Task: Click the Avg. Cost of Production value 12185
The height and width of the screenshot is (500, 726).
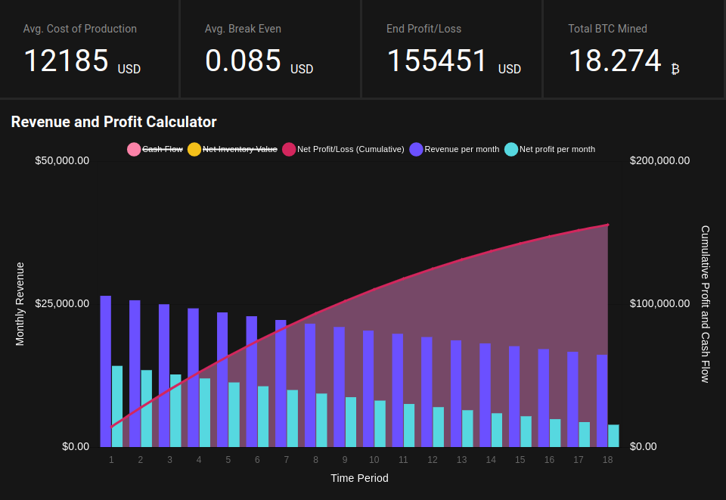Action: (x=66, y=61)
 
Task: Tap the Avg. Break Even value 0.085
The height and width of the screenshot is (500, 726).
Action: (x=243, y=61)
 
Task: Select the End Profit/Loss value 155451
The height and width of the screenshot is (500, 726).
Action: (x=436, y=61)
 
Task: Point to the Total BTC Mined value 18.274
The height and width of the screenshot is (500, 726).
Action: (x=615, y=61)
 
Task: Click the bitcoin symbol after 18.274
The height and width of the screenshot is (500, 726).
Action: (x=675, y=69)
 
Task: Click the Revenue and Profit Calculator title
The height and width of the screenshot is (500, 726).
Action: (x=113, y=122)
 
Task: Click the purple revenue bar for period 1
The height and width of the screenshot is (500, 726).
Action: (x=106, y=371)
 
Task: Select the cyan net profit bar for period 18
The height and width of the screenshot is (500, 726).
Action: (x=613, y=436)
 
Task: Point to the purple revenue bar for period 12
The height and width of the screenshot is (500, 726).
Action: (x=427, y=392)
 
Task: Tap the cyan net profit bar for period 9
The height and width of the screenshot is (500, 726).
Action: (x=351, y=422)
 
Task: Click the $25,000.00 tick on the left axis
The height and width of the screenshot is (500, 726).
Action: (x=62, y=303)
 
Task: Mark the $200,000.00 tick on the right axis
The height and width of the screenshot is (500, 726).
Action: (x=659, y=160)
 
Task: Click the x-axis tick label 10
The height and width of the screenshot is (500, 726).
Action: (x=374, y=459)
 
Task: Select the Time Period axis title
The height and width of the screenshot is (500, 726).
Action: (x=359, y=478)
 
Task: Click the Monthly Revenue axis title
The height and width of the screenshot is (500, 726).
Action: (x=20, y=303)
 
